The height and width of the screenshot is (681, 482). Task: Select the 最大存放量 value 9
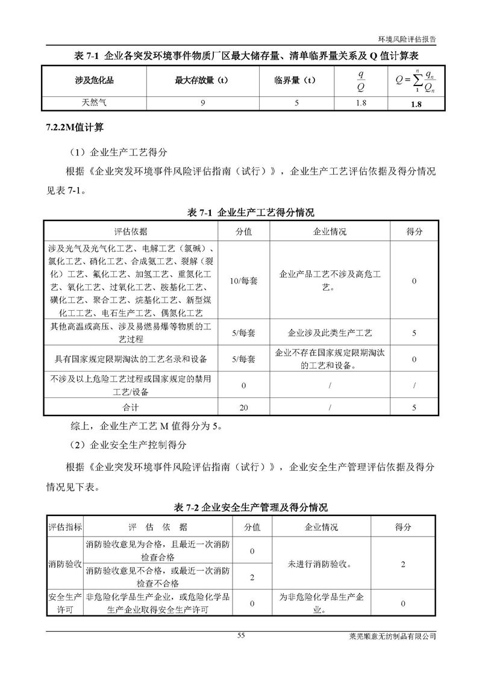(x=203, y=103)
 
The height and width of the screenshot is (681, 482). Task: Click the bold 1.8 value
(x=416, y=104)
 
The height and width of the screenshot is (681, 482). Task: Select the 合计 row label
(x=131, y=408)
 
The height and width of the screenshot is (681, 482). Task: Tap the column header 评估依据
(x=131, y=232)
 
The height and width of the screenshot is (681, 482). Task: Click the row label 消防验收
(x=65, y=565)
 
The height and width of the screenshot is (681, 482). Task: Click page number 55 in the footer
(x=242, y=636)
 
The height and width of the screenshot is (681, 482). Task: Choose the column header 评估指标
(x=65, y=527)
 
